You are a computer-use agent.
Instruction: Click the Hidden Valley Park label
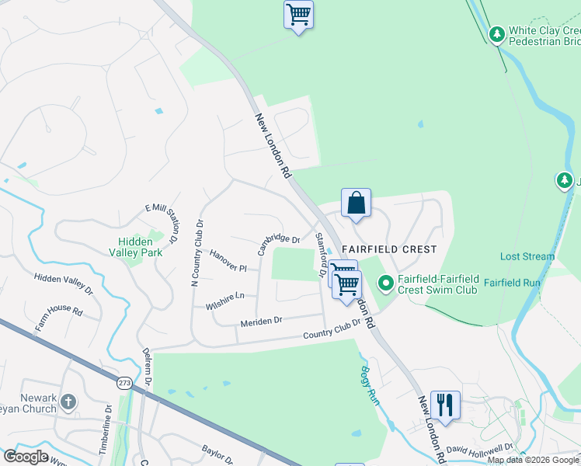click(140, 247)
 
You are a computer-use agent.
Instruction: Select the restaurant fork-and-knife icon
click(445, 405)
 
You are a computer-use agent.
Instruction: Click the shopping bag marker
click(356, 203)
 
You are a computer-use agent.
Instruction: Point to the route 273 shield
click(124, 383)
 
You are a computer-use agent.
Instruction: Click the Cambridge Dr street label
click(279, 243)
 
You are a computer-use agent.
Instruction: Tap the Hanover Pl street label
click(228, 261)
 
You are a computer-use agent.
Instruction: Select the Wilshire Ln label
click(225, 298)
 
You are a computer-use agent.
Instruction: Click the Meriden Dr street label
click(261, 321)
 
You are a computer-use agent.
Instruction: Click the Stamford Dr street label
click(320, 256)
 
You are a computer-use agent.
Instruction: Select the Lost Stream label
click(527, 256)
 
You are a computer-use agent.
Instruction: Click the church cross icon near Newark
click(68, 402)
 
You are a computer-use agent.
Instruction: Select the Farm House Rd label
click(58, 319)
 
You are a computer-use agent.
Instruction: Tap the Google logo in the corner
click(26, 456)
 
